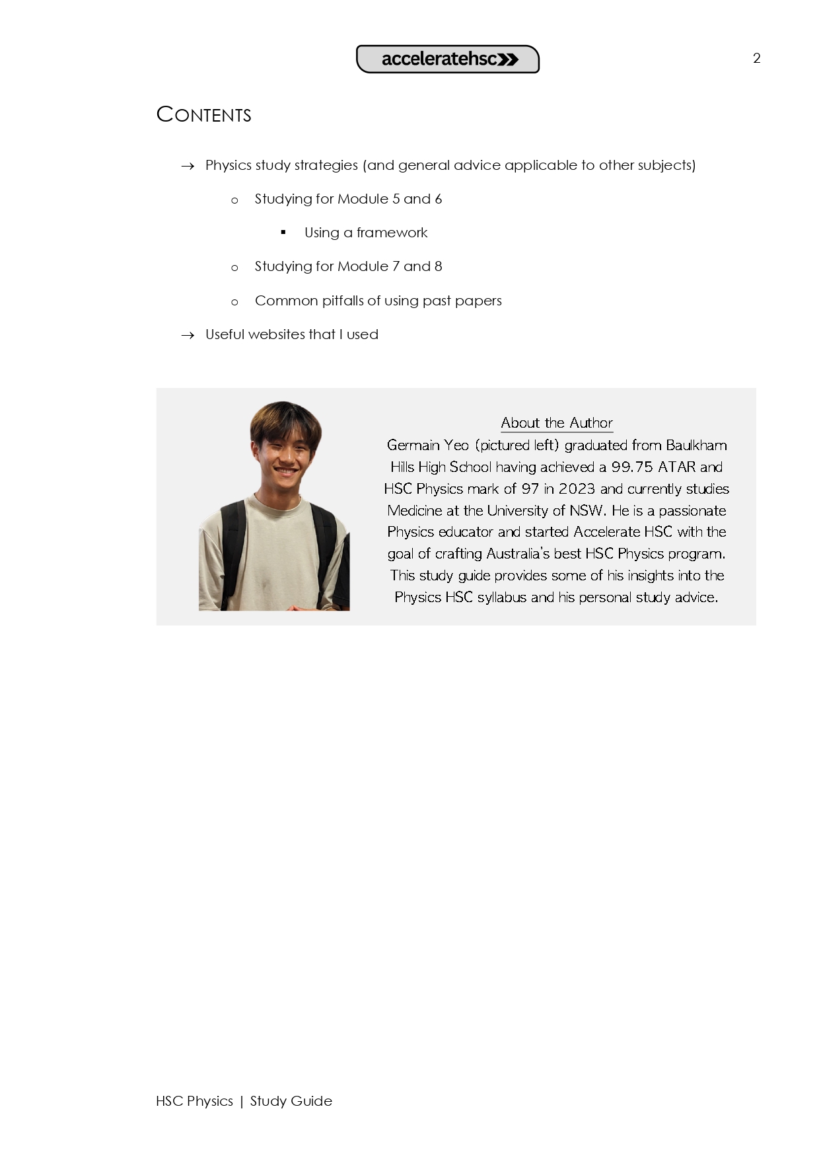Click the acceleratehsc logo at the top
click(x=448, y=59)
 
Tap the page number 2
click(x=757, y=58)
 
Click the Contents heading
click(x=203, y=114)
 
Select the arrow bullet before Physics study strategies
click(x=188, y=166)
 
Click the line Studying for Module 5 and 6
click(x=348, y=199)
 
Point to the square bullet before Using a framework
click(x=283, y=232)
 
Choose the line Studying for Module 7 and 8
click(x=348, y=266)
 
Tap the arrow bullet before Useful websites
click(x=188, y=335)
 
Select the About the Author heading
click(x=557, y=422)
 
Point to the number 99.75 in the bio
click(x=632, y=467)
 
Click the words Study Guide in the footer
click(x=291, y=1101)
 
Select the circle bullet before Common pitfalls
click(x=234, y=302)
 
